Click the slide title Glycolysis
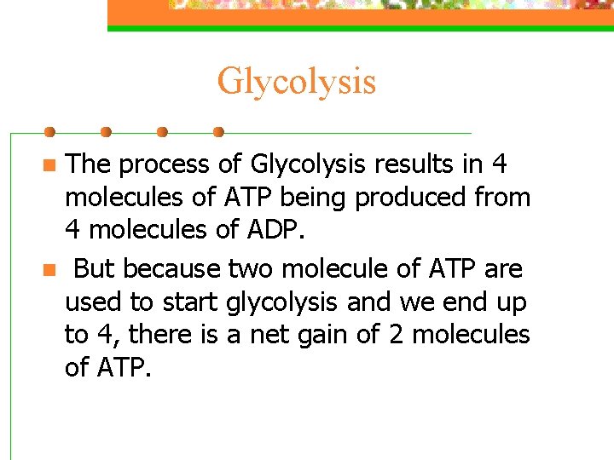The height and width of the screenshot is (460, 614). point(296,82)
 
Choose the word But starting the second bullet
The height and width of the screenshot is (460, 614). point(94,269)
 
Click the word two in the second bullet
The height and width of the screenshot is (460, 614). point(252,269)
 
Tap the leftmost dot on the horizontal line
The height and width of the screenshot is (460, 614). point(49,133)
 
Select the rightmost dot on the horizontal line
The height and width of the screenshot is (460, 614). point(218,133)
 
